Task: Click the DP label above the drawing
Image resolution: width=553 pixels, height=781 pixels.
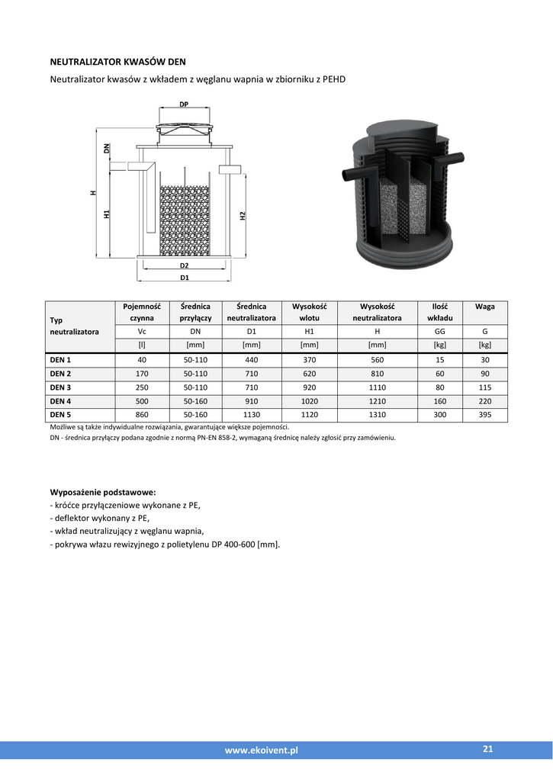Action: pyautogui.click(x=184, y=104)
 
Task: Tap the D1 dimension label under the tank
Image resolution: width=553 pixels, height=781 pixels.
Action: pyautogui.click(x=184, y=278)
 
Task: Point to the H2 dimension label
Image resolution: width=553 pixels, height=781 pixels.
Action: pyautogui.click(x=242, y=216)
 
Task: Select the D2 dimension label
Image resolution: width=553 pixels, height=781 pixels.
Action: pyautogui.click(x=184, y=265)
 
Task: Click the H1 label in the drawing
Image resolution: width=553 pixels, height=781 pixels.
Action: pyautogui.click(x=107, y=214)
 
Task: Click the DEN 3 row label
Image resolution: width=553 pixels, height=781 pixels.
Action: pyautogui.click(x=60, y=387)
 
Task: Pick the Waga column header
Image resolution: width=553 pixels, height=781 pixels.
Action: pyautogui.click(x=484, y=307)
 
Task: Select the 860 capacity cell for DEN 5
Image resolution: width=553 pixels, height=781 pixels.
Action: pyautogui.click(x=142, y=415)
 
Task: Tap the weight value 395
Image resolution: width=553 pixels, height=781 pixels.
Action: pyautogui.click(x=484, y=415)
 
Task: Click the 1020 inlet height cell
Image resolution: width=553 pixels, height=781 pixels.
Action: pyautogui.click(x=309, y=401)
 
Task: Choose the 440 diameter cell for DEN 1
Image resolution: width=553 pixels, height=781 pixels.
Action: pyautogui.click(x=251, y=360)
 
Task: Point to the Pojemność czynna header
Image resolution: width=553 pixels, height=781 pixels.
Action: pyautogui.click(x=142, y=312)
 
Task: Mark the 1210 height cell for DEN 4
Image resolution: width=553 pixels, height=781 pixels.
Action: pyautogui.click(x=377, y=401)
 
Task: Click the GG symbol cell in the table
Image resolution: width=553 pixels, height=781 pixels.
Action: pyautogui.click(x=439, y=332)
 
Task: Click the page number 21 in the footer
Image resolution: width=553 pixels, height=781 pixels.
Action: pyautogui.click(x=488, y=750)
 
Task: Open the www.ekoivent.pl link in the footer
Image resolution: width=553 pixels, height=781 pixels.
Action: pyautogui.click(x=261, y=750)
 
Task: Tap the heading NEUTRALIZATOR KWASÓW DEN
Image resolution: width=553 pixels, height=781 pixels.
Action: pyautogui.click(x=117, y=61)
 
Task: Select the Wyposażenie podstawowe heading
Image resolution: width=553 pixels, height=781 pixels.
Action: pyautogui.click(x=102, y=492)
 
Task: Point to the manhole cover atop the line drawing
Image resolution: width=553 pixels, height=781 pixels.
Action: pyautogui.click(x=184, y=130)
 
